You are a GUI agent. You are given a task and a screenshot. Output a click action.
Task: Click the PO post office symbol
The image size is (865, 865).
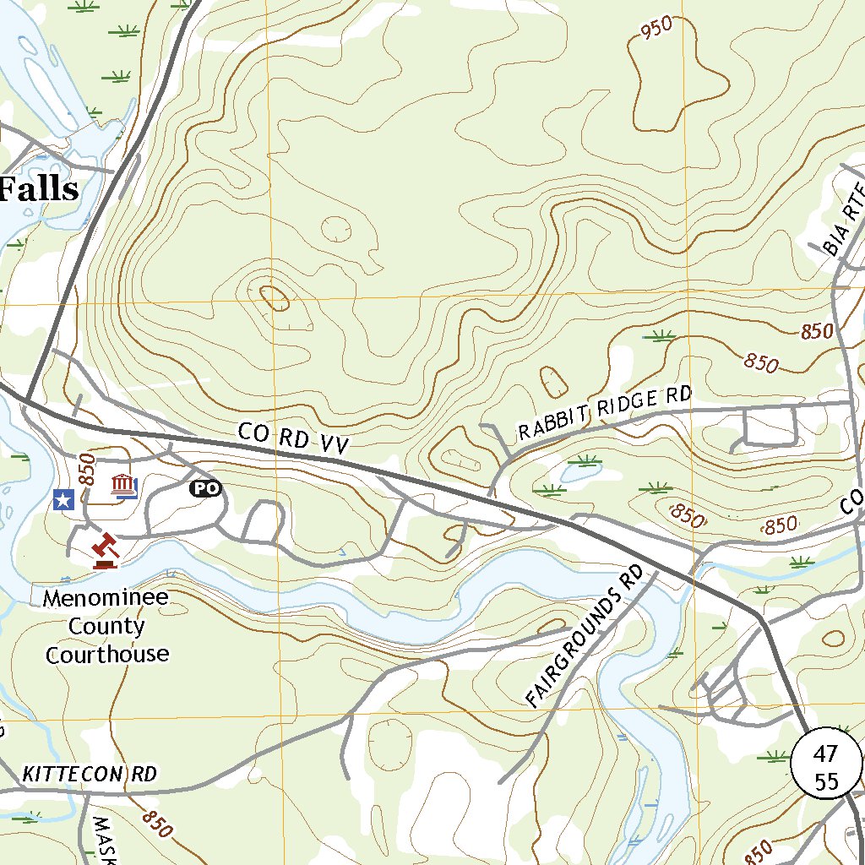tap(204, 488)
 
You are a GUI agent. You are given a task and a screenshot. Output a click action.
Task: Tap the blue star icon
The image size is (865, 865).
tap(63, 500)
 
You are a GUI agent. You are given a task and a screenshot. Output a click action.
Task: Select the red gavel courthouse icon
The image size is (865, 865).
tap(106, 550)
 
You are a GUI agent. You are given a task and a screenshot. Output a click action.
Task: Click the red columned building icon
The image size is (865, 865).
tap(125, 487)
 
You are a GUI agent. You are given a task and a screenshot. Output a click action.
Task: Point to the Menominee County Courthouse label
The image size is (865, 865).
tap(106, 626)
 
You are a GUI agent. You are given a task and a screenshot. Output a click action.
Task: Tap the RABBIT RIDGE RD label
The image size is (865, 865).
tap(605, 412)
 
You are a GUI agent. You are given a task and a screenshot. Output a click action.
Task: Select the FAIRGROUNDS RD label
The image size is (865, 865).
tap(584, 636)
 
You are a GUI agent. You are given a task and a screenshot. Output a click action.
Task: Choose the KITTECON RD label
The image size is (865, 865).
tap(90, 774)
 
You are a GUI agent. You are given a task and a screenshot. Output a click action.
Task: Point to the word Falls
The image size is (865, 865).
tap(39, 189)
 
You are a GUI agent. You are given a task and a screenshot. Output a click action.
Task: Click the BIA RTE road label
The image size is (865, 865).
tap(845, 220)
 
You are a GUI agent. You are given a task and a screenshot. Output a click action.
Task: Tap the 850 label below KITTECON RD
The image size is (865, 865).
tap(157, 824)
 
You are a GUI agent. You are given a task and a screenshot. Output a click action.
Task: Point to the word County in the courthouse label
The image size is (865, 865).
tap(106, 627)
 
